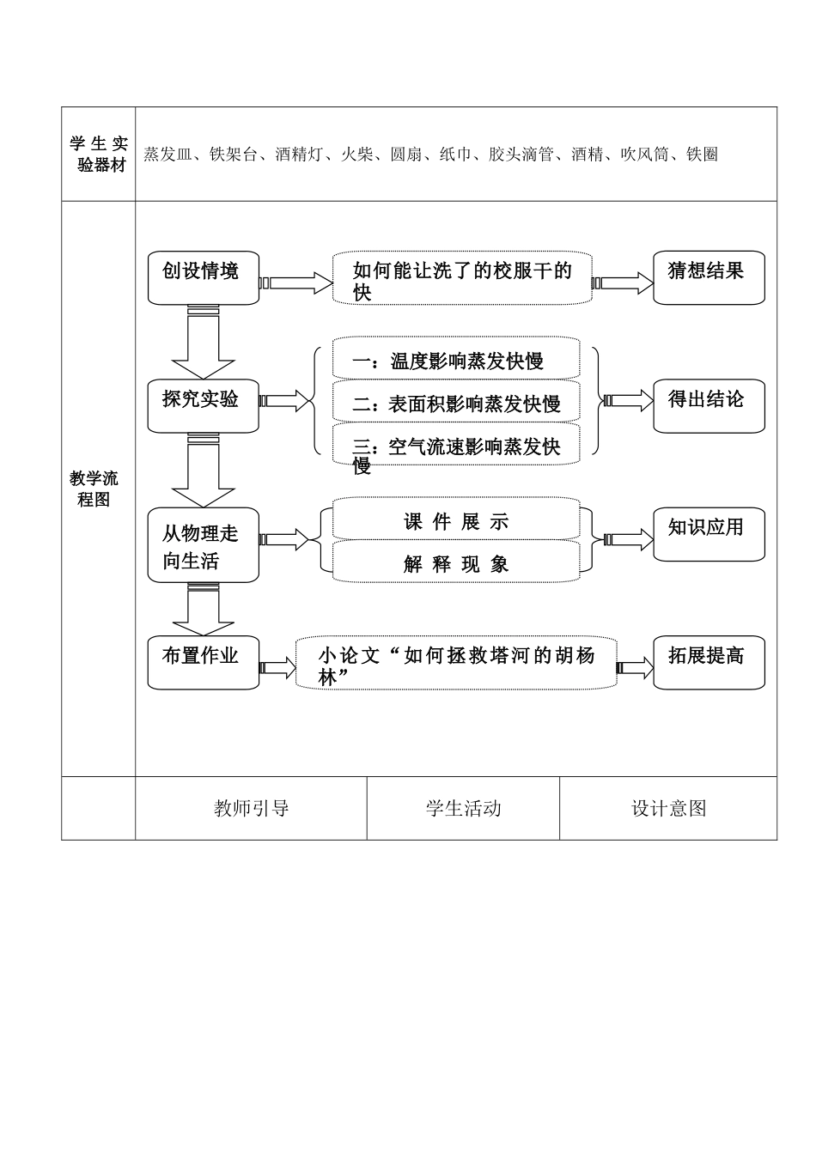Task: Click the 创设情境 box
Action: pos(203,277)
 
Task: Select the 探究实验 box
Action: pos(203,405)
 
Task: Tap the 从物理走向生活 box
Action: pos(203,545)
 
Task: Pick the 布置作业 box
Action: pos(203,662)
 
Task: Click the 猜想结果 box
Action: pos(708,277)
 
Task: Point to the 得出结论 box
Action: pos(708,405)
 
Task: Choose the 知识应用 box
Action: pos(708,534)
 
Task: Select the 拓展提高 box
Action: pos(708,662)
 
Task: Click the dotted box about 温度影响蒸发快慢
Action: pos(456,359)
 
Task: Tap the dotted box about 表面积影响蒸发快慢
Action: pos(456,402)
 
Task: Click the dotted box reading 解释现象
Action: pos(456,562)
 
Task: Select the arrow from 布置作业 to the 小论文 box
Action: pos(277,667)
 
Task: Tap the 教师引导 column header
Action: pos(251,808)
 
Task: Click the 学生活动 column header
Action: pos(463,808)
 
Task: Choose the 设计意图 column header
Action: pos(668,808)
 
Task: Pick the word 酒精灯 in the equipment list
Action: pos(298,155)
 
